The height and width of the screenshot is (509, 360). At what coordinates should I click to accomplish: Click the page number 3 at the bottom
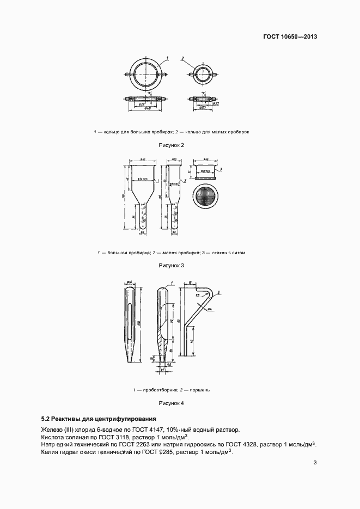[x=315, y=463]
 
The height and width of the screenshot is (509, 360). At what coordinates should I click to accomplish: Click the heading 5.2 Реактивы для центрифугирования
[x=99, y=419]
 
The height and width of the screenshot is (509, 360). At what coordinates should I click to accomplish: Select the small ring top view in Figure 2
[x=203, y=73]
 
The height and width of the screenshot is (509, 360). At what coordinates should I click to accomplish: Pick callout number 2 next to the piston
[x=219, y=293]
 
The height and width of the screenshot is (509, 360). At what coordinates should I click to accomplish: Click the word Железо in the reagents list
[x=52, y=430]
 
